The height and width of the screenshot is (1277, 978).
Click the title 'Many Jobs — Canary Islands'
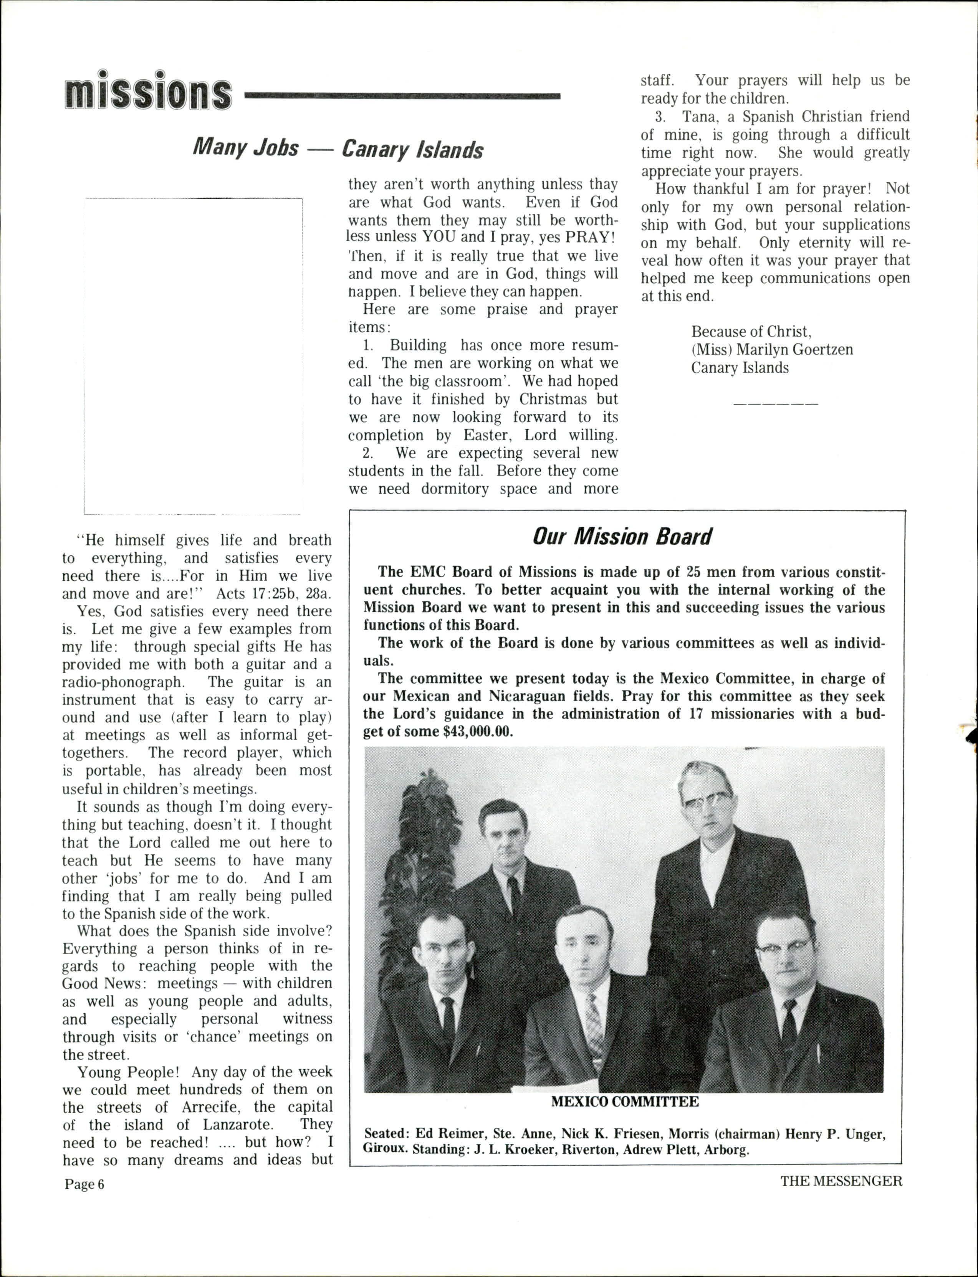(338, 149)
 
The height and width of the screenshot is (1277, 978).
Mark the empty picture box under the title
(193, 356)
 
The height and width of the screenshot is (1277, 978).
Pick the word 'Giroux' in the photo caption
(384, 1149)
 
